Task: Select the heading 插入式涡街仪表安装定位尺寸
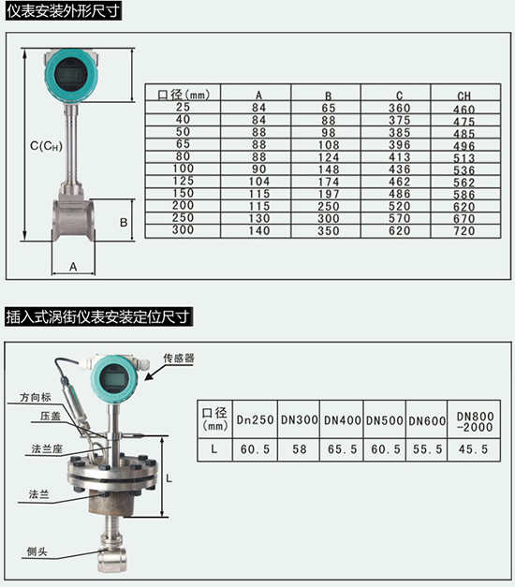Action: pos(98,317)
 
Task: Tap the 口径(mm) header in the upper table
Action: pos(183,95)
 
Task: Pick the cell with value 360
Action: pos(396,109)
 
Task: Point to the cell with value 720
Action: pos(463,230)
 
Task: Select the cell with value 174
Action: pos(328,182)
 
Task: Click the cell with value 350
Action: pos(328,230)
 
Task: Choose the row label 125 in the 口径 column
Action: pos(183,182)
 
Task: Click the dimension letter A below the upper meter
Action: pos(73,267)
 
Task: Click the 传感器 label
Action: pos(178,359)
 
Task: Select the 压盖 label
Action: pos(50,416)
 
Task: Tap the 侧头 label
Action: pos(38,551)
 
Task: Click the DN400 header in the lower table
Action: pos(342,420)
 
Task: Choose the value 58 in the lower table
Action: pos(299,449)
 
